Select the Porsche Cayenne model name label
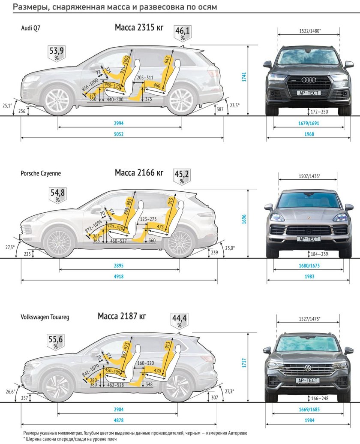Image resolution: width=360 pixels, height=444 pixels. click(41, 174)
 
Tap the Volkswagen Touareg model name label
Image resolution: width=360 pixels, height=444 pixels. click(45, 318)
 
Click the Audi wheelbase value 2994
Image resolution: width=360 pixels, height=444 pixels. click(119, 124)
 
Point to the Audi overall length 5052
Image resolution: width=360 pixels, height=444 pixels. click(119, 134)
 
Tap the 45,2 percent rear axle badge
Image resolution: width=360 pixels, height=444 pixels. click(182, 176)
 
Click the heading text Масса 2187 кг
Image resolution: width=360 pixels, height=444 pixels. click(122, 317)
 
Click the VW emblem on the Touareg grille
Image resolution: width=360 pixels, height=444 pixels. click(308, 368)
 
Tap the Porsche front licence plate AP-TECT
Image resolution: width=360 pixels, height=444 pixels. click(308, 239)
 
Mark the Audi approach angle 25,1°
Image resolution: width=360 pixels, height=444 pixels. click(7, 105)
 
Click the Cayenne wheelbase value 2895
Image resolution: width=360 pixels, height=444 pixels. click(119, 266)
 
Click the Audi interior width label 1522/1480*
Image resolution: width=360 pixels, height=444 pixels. click(309, 31)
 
